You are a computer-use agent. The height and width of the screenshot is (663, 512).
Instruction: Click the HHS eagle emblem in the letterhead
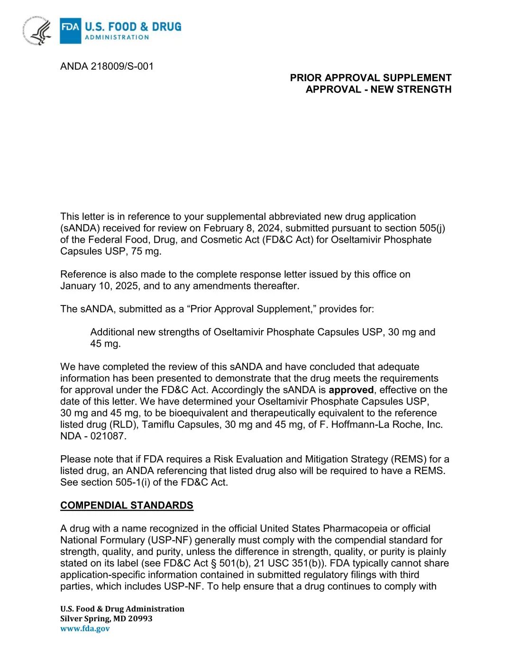tap(37, 31)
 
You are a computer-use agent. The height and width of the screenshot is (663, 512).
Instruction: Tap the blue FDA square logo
tap(70, 30)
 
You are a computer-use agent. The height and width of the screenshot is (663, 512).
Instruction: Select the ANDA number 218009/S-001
tap(122, 66)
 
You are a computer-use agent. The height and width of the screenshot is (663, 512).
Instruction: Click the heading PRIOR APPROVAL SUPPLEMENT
tap(370, 78)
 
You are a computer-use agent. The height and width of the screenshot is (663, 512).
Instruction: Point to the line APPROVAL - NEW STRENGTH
tap(378, 89)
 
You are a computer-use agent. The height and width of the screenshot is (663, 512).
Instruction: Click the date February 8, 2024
tap(241, 228)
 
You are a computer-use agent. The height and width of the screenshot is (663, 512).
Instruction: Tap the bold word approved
tap(351, 390)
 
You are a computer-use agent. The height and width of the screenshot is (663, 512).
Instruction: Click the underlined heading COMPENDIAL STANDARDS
tap(127, 505)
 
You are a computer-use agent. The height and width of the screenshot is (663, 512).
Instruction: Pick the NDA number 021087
tap(108, 436)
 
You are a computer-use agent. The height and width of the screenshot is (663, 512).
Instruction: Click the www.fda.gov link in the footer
tap(85, 628)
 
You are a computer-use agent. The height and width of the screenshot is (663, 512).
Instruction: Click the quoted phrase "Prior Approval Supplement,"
tap(251, 309)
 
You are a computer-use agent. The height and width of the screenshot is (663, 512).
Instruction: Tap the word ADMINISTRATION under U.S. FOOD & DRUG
tap(117, 37)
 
